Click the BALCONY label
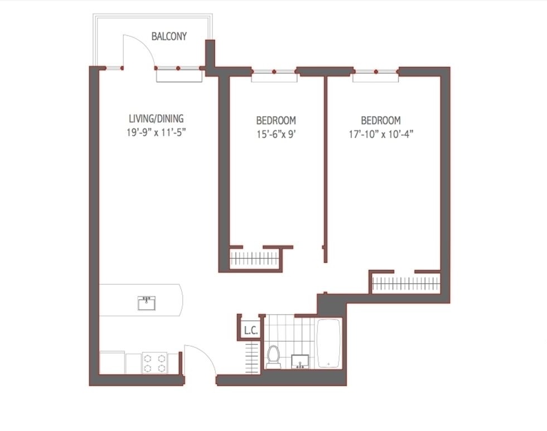tap(169, 36)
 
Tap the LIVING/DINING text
tap(156, 119)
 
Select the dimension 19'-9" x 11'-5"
tap(156, 133)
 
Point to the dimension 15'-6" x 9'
tap(277, 134)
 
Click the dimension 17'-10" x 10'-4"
tap(381, 134)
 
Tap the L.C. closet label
tap(251, 331)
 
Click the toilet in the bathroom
tap(273, 357)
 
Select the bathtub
tap(328, 343)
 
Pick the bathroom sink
tap(300, 362)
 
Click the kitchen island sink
tap(147, 303)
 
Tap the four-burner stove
tap(155, 363)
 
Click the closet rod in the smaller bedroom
tap(254, 258)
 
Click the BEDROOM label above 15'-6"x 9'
tap(276, 121)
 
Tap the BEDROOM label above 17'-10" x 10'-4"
tap(381, 121)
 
